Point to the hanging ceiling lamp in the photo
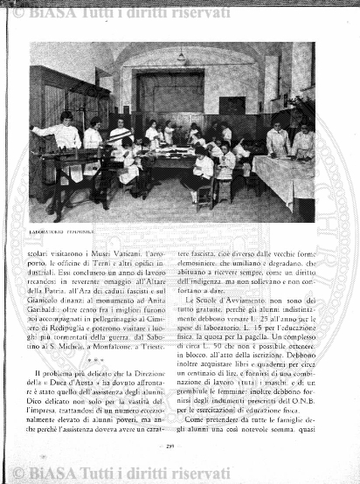pyautogui.click(x=181, y=57)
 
